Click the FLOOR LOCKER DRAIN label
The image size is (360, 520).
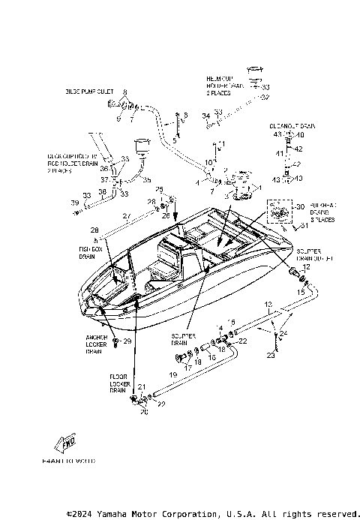(x=118, y=383)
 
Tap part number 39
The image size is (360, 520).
(x=74, y=203)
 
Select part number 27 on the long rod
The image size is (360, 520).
(x=127, y=215)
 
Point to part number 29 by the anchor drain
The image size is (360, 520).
(x=127, y=341)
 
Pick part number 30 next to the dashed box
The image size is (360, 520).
(x=301, y=206)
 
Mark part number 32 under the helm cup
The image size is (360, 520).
(x=265, y=97)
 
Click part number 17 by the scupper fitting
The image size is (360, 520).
(x=188, y=368)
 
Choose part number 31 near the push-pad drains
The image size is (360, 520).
(x=304, y=226)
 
